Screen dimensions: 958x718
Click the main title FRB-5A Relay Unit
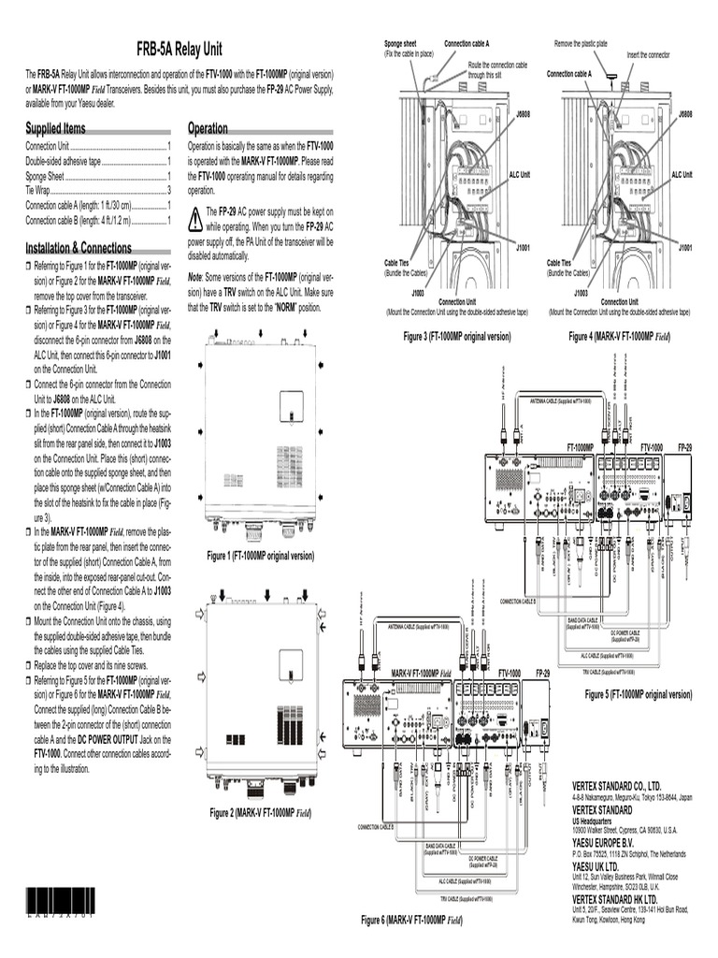tap(179, 49)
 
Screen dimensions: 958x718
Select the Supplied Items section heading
tap(55, 128)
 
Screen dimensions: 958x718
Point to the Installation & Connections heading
tap(79, 248)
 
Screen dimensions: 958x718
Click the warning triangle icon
tap(194, 219)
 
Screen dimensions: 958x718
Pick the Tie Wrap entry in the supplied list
tap(40, 190)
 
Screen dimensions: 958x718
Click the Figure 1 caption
tap(260, 556)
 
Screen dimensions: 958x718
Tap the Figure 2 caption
tap(260, 812)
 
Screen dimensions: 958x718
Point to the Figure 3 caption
tap(456, 335)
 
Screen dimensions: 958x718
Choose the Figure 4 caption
tap(619, 335)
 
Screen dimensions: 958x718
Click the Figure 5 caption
tap(638, 694)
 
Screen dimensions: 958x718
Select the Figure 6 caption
tap(411, 921)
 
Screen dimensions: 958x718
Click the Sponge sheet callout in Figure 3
tap(401, 44)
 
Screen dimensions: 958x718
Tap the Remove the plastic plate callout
tap(581, 44)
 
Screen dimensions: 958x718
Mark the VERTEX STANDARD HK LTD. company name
tap(622, 897)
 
